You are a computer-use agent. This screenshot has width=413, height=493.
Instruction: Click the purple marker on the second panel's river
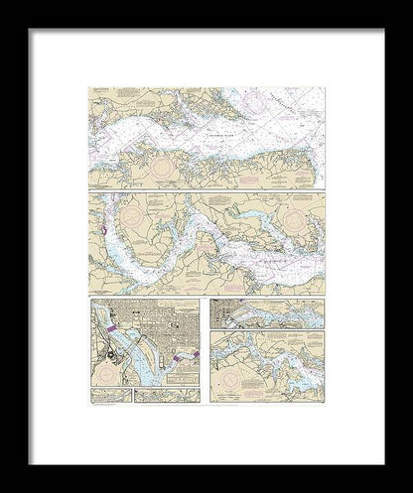pos(102,232)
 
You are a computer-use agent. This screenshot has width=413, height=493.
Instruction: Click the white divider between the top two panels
pos(206,190)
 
